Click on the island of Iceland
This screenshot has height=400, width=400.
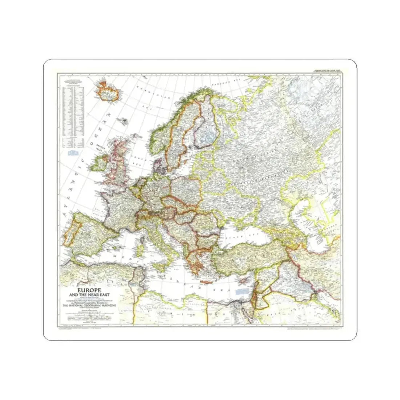105,91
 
